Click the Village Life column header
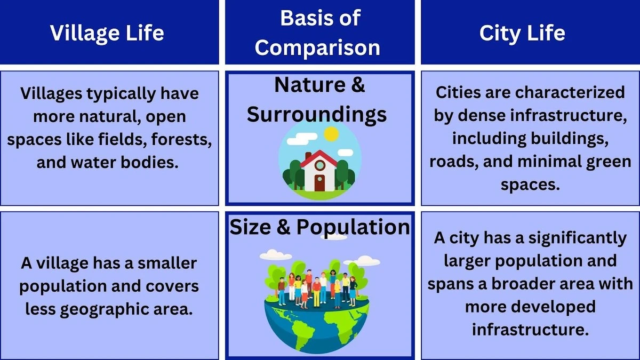point(107,33)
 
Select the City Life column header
point(522,33)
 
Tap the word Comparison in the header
point(317,47)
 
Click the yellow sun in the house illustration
point(331,134)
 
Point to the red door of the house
point(319,183)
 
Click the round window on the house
point(319,165)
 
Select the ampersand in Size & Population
point(283,227)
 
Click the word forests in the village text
point(181,139)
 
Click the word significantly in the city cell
point(578,238)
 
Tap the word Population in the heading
point(354,227)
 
